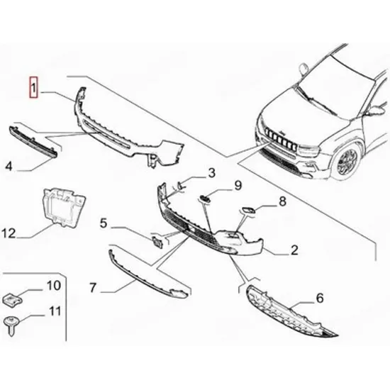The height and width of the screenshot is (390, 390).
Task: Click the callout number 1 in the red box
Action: (33, 87)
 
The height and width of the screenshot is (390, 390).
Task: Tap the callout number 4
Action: (9, 166)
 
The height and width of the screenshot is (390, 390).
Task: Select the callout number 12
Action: (9, 233)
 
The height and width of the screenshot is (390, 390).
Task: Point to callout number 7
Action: (93, 287)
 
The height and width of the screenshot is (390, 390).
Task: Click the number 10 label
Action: (53, 286)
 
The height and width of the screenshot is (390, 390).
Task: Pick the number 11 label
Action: (55, 311)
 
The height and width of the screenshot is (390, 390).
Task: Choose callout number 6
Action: (320, 299)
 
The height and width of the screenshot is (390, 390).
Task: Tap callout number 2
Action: (294, 250)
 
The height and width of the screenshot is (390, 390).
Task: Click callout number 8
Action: (282, 201)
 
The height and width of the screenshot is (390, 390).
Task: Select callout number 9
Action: (238, 186)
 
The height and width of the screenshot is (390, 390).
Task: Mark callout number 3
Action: (211, 173)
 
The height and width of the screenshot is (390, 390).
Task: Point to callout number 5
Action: (104, 223)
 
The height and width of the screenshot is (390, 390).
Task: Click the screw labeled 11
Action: (11, 325)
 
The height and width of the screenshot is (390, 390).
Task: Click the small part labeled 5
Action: (157, 242)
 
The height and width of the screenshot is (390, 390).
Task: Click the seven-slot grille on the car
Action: (281, 138)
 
